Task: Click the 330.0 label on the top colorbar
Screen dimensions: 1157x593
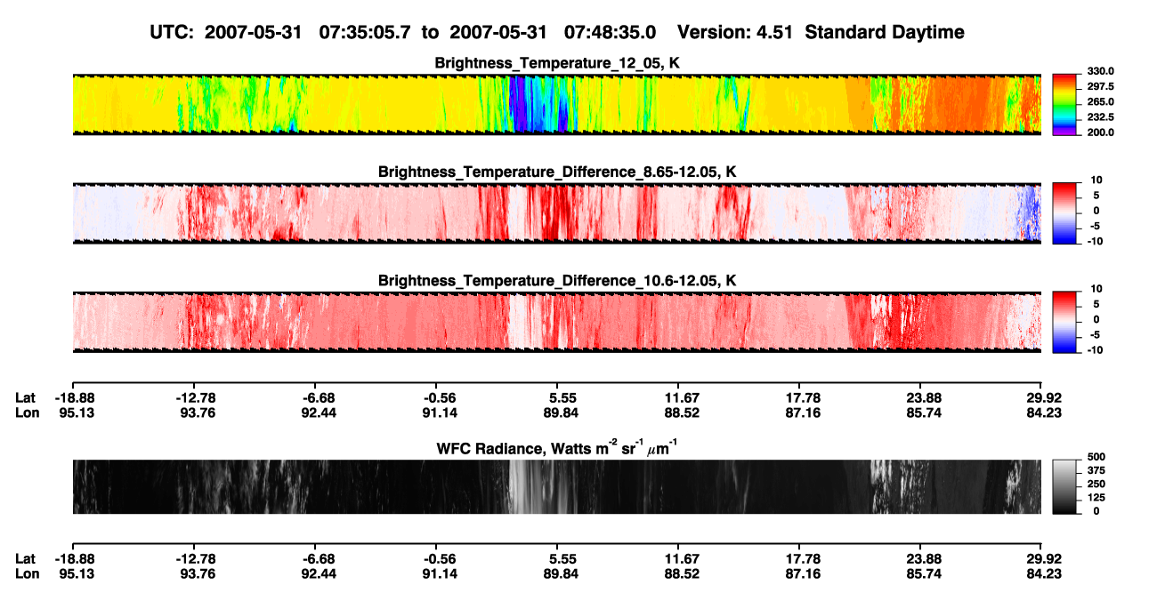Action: [1100, 71]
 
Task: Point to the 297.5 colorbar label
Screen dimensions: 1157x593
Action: [1100, 86]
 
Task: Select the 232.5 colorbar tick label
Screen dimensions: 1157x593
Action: [1100, 117]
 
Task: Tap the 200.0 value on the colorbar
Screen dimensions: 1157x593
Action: [1100, 132]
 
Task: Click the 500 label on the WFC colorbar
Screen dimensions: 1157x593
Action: [1096, 457]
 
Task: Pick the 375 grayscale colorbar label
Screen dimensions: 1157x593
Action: [1096, 470]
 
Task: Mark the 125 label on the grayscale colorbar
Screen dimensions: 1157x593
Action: [1096, 498]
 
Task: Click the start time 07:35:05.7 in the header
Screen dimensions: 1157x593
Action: [365, 32]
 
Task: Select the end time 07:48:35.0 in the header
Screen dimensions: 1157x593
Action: [610, 32]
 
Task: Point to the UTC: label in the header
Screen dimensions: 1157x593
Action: [172, 32]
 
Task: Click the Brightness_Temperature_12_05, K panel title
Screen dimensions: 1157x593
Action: [557, 63]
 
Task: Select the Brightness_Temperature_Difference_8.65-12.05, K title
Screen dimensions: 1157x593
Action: [557, 172]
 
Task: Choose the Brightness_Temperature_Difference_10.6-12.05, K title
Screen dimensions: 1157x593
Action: [557, 281]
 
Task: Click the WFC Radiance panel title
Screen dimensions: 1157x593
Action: [557, 447]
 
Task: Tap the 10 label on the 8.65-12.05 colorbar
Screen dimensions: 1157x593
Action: [1096, 180]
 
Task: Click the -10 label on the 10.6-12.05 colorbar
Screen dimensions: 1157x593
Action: [1094, 350]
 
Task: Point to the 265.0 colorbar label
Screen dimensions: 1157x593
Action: [1100, 101]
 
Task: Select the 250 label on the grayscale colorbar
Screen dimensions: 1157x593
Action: [1096, 485]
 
